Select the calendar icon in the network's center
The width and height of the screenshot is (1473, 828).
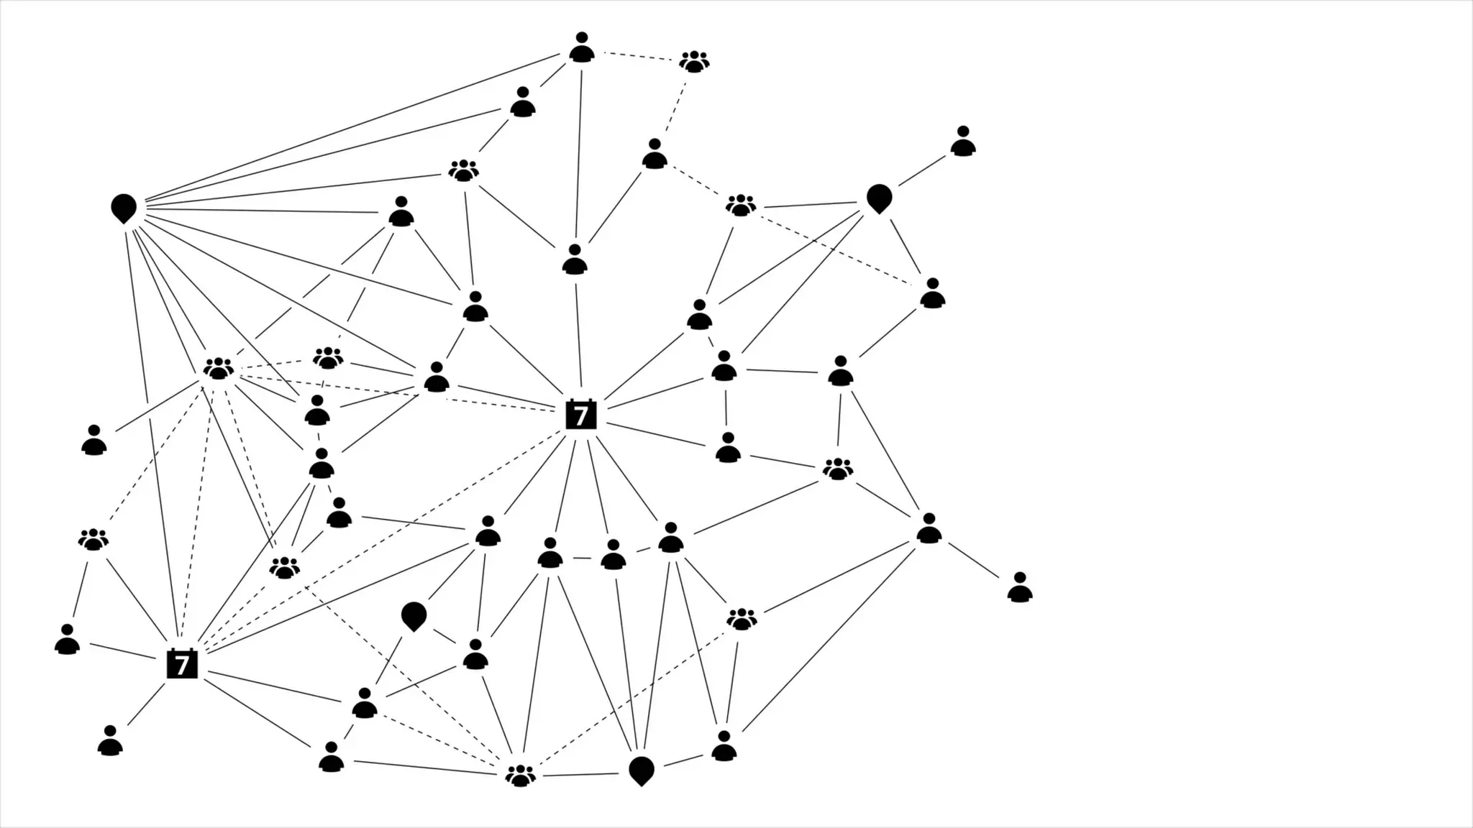[581, 415]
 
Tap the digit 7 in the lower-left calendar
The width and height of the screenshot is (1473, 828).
[182, 665]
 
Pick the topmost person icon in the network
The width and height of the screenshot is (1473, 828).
[582, 47]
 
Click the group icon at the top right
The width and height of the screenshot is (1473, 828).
[694, 61]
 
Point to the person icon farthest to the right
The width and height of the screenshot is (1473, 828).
[1019, 587]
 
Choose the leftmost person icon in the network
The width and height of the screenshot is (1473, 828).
[67, 639]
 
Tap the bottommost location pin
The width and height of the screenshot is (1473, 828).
[641, 770]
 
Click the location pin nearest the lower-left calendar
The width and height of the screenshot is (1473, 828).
[414, 616]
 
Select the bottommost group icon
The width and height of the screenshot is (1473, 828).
[521, 775]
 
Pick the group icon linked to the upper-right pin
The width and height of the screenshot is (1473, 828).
[741, 205]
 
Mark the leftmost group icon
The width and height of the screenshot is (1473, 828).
[94, 539]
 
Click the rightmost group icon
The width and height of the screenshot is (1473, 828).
[838, 469]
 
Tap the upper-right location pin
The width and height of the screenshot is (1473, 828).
[879, 198]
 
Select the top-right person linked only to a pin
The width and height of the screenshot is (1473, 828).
[962, 142]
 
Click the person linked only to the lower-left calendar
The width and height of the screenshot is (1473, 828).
[110, 741]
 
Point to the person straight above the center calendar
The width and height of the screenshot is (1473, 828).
[575, 260]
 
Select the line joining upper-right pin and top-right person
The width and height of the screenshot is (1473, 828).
[922, 170]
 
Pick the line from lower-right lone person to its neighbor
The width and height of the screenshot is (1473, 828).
[973, 559]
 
